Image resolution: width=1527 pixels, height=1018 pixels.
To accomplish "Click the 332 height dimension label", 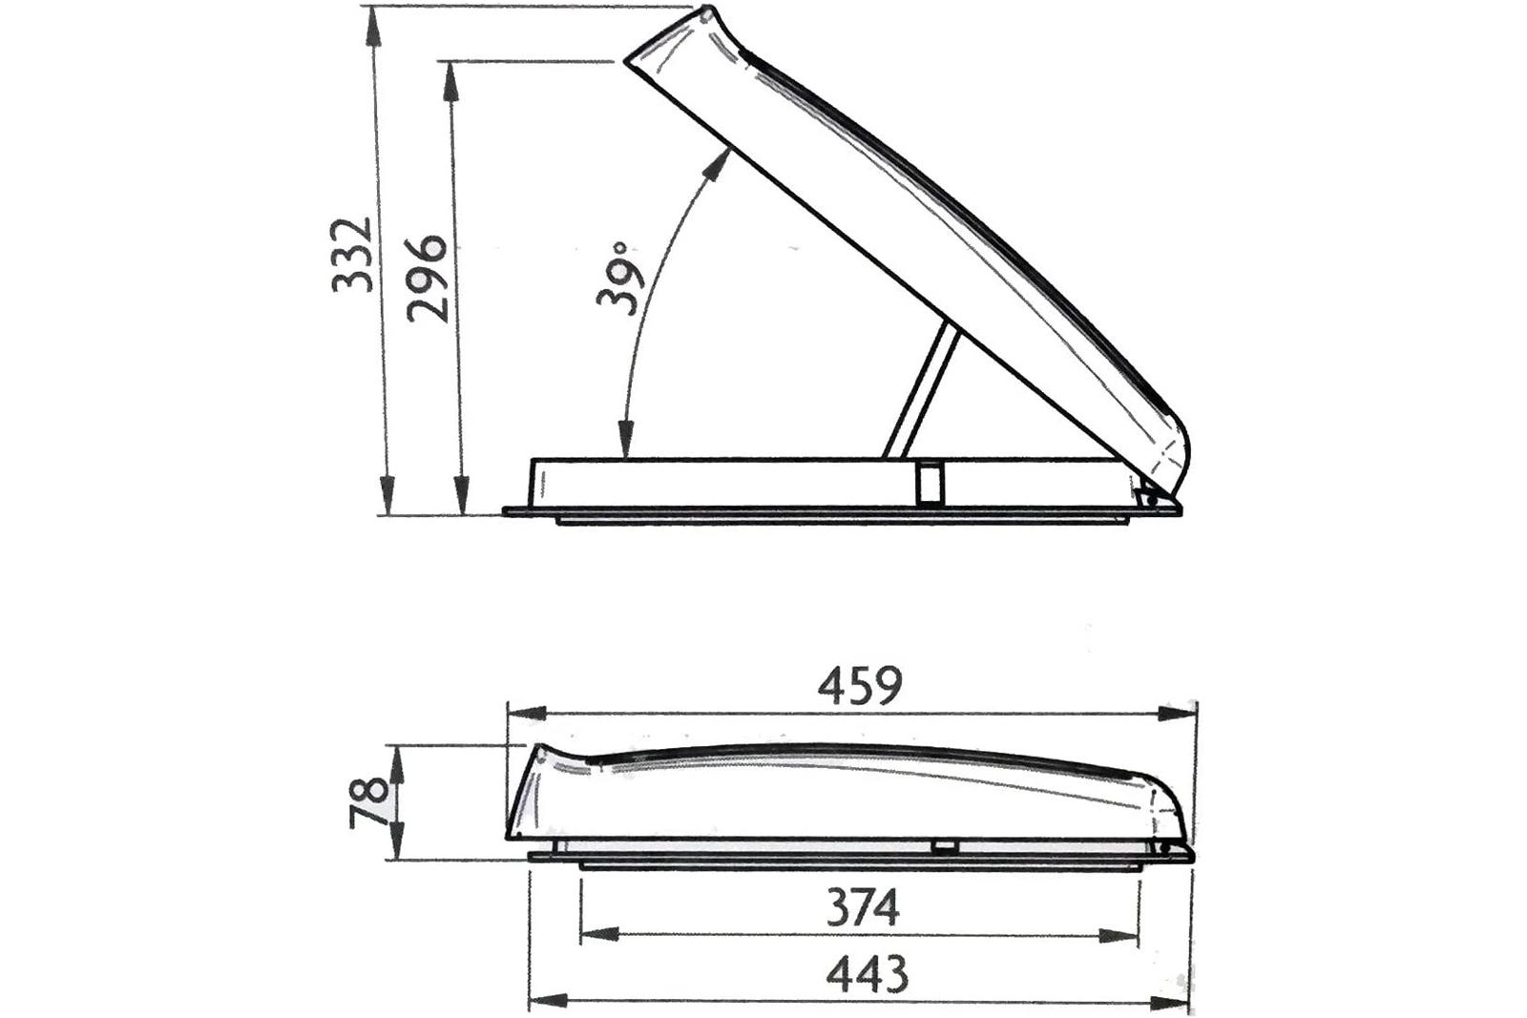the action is [x=352, y=255].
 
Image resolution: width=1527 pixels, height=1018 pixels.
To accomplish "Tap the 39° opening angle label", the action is [x=620, y=278].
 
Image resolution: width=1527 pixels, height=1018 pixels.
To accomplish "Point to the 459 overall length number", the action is [x=860, y=685].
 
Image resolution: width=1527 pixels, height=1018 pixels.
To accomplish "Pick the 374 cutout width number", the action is [x=863, y=908].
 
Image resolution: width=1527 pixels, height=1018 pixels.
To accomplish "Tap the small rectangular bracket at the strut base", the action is [x=930, y=483].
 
